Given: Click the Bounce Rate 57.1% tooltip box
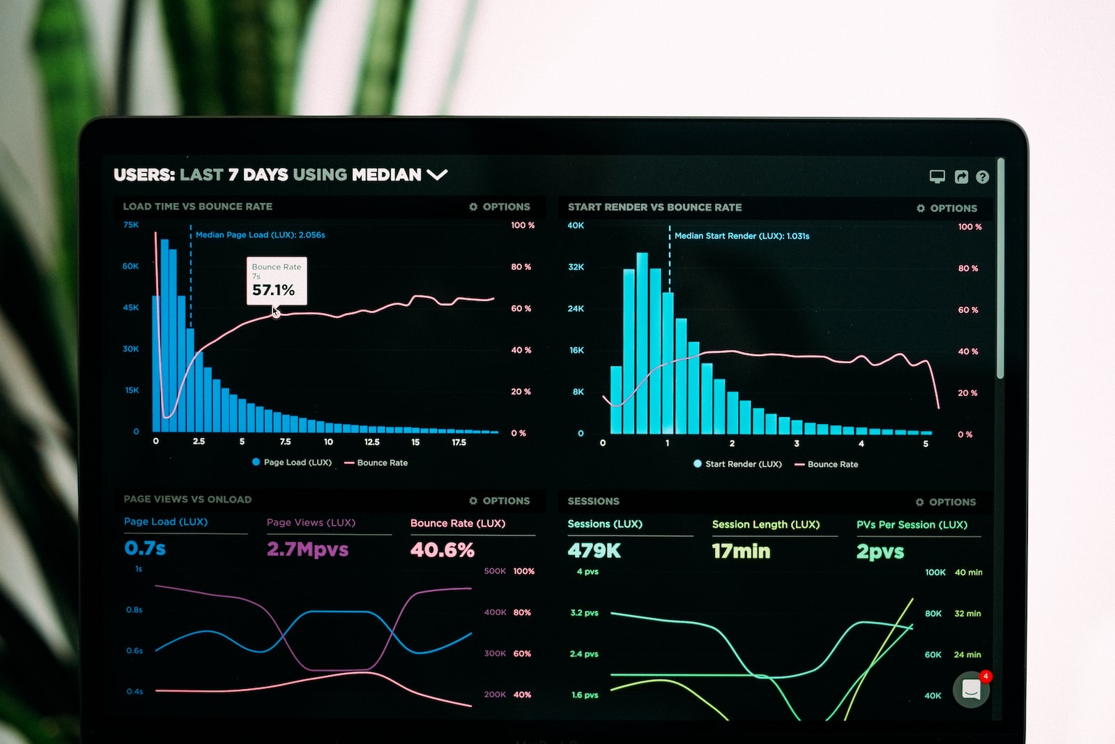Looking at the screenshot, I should coord(277,281).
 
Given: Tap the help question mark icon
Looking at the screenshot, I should coord(983,177).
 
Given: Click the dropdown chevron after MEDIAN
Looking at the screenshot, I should coord(437,174).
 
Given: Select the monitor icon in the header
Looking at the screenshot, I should coord(937,176).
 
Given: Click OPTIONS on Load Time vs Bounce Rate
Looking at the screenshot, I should coord(500,207).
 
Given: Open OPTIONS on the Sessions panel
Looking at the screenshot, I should coord(946,502).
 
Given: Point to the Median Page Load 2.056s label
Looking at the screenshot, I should coord(260,235).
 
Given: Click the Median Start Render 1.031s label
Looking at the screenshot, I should coord(741,236).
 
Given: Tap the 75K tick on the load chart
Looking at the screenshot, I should coord(131,225).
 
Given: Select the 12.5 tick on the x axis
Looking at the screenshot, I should coord(371,442).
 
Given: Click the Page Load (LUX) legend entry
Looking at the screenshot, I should coord(292,462).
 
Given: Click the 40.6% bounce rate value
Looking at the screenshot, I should coord(443,550).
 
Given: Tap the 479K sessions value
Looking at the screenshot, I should coord(594,551).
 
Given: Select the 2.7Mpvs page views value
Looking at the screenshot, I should coord(307,549).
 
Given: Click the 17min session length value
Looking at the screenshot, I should coord(741,552).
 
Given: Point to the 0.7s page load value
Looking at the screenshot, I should coord(145,548).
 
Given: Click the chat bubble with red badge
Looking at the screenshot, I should coord(971,690).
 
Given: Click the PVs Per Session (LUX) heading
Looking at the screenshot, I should coord(912,525).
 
